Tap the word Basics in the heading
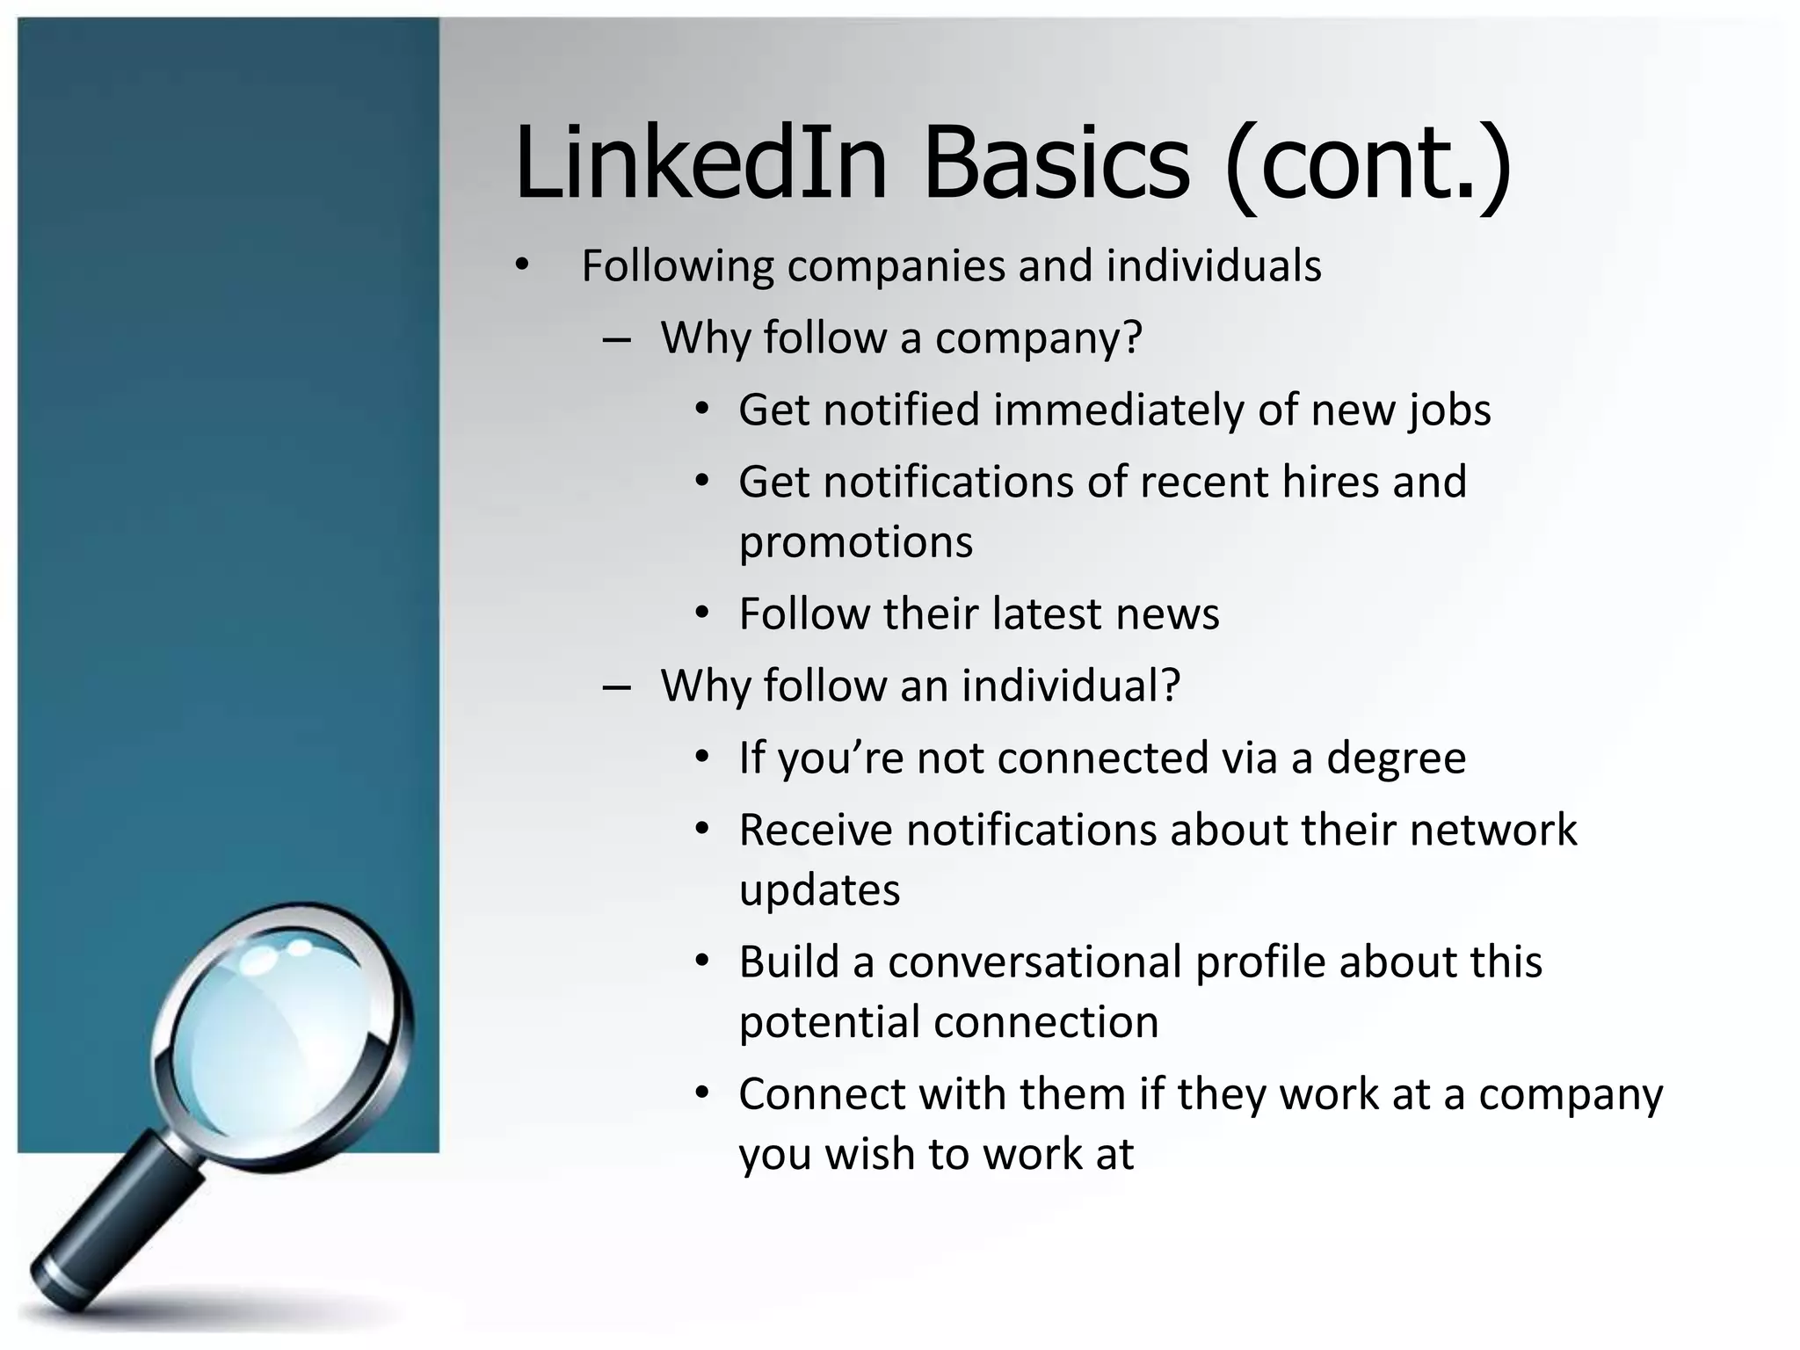coord(1056,163)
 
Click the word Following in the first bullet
coord(678,266)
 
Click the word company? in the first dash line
coord(1038,338)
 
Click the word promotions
coord(855,542)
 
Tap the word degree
coord(1396,759)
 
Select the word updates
coord(819,891)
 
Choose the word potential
coord(830,1023)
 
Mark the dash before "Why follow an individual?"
coord(617,687)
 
